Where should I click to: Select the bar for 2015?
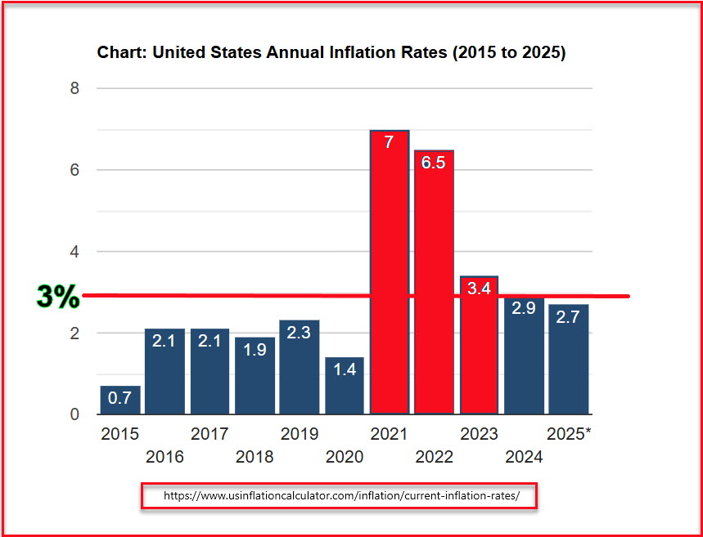120,400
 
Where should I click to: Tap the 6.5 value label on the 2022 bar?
434,163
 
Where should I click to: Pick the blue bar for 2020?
345,386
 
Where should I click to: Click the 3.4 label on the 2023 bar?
479,288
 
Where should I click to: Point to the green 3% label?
58,297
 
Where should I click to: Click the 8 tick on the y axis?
74,88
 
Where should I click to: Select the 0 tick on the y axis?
74,414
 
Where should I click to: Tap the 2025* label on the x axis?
568,434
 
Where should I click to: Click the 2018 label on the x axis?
255,457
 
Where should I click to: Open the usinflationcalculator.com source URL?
340,496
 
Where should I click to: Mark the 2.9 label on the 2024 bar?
524,308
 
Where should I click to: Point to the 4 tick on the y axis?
74,252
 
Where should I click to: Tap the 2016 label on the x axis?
164,457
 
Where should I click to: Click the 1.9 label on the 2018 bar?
255,349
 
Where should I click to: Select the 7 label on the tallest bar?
389,141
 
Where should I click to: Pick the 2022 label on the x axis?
434,457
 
